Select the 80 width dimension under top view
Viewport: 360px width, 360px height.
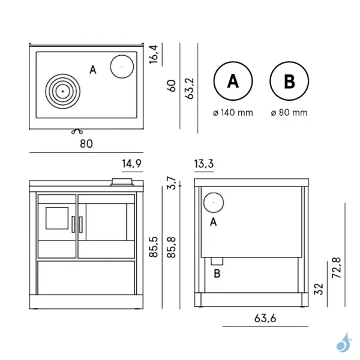point(86,143)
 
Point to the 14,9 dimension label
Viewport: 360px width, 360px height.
point(131,163)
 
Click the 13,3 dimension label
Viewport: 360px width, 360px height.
point(204,163)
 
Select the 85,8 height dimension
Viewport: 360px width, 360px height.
point(172,247)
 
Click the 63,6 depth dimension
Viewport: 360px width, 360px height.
point(263,318)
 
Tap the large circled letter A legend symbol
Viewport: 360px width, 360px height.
point(232,82)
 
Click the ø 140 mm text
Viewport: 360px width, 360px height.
point(233,112)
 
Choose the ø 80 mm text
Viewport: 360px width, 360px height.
point(289,112)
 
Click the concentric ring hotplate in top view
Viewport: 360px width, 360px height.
point(63,91)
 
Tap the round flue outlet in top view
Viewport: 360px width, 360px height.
point(121,65)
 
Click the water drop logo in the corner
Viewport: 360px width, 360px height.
point(343,342)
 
